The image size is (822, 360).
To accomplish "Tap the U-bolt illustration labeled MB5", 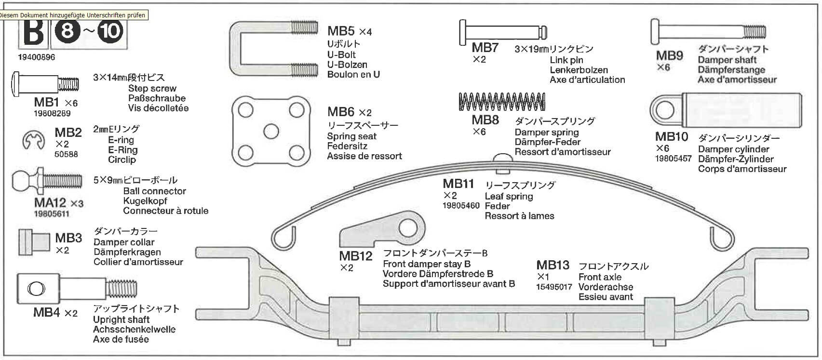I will pyautogui.click(x=273, y=48).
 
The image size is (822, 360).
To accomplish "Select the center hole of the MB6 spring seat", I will pyautogui.click(x=271, y=132).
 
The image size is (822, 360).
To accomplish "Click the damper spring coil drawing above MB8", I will pyautogui.click(x=501, y=101).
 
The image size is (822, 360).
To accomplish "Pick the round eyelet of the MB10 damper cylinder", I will pyautogui.click(x=665, y=110).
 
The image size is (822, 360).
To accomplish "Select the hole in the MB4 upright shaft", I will pyautogui.click(x=36, y=289).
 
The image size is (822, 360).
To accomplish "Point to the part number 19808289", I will pyautogui.click(x=52, y=114).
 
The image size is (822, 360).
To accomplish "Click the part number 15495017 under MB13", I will pyautogui.click(x=554, y=287).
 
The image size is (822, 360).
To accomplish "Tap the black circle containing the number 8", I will pyautogui.click(x=68, y=31).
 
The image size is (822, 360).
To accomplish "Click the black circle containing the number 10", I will pyautogui.click(x=110, y=31).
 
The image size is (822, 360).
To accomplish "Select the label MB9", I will pyautogui.click(x=669, y=55).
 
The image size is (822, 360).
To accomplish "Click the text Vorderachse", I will pyautogui.click(x=606, y=287).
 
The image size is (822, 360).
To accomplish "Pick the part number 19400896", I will pyautogui.click(x=37, y=57).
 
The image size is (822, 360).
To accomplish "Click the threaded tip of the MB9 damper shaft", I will pyautogui.click(x=755, y=32).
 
